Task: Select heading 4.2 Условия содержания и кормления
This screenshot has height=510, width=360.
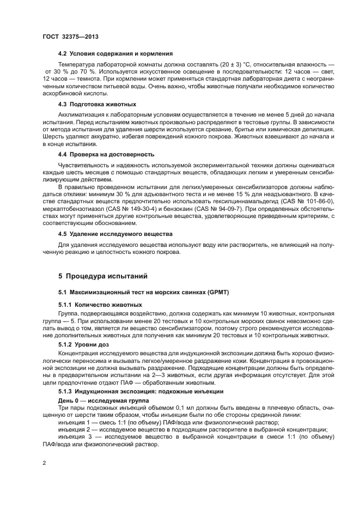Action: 115,54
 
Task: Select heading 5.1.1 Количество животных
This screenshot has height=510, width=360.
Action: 100,305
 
